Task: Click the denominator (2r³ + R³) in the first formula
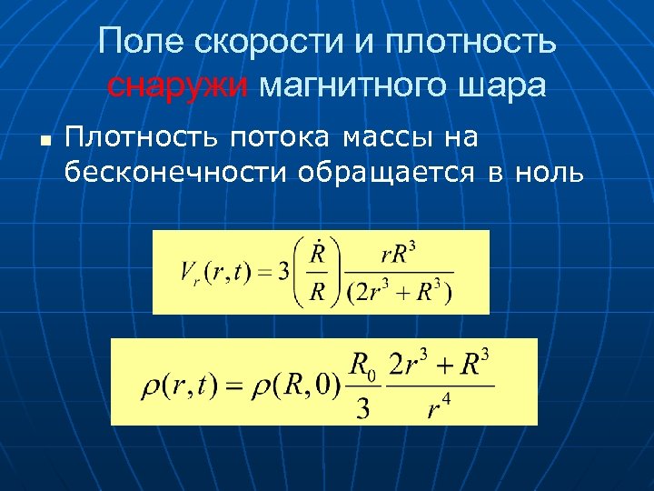[x=399, y=293]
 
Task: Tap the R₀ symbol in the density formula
[x=362, y=366]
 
